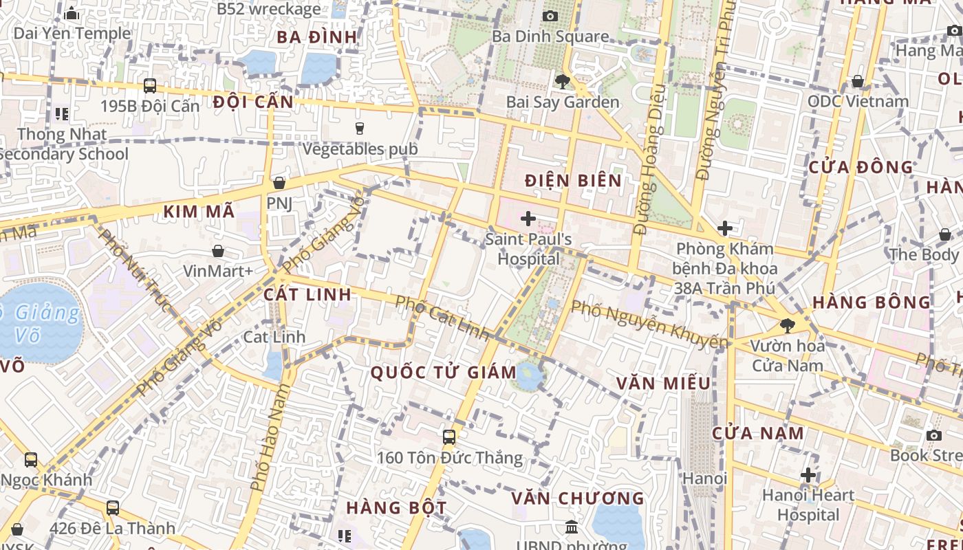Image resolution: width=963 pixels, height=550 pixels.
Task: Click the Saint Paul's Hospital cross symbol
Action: click(528, 219)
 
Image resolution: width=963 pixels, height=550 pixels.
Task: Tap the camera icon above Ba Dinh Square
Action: click(550, 16)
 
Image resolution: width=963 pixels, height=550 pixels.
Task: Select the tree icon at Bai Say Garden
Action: click(562, 82)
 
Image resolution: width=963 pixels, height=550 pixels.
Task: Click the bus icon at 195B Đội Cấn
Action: click(150, 86)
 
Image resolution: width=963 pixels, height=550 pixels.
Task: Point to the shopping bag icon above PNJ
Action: click(279, 183)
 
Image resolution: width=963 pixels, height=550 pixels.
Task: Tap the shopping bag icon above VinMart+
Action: click(218, 251)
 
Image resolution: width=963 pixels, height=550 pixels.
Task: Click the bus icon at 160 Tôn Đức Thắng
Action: click(449, 437)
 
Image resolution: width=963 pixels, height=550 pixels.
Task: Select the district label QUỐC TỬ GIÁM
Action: click(444, 373)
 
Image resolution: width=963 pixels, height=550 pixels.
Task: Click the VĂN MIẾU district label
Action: click(663, 383)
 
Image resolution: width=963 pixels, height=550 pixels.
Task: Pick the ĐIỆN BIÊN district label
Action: click(573, 181)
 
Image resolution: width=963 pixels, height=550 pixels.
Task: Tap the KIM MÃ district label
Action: click(199, 212)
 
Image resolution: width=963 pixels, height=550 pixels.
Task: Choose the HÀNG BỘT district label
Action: click(396, 508)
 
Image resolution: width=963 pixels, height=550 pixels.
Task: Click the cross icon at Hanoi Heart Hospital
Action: click(808, 475)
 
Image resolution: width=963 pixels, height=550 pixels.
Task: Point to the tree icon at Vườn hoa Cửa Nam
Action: click(788, 325)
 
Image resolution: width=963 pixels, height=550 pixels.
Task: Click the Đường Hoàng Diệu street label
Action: click(650, 158)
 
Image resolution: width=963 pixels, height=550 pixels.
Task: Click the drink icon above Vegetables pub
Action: click(359, 128)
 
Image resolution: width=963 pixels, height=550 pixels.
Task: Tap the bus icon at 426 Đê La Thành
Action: click(113, 508)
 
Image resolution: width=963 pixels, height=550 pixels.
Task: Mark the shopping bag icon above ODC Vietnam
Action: click(858, 81)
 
